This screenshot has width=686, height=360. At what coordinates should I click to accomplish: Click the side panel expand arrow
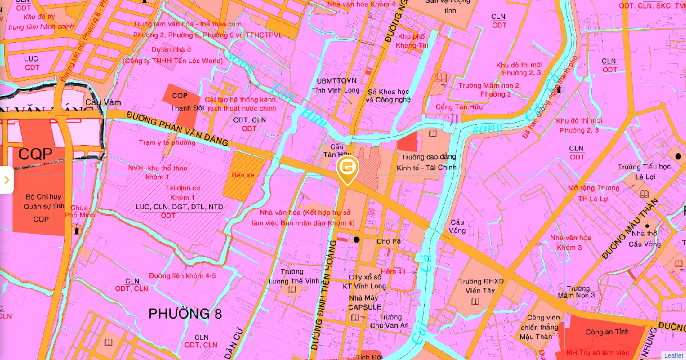click(6, 180)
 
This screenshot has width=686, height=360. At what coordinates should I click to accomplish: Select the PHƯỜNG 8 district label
click(185, 314)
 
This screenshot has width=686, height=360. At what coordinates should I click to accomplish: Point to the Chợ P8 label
click(388, 241)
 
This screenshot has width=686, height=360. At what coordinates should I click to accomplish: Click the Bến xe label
click(242, 175)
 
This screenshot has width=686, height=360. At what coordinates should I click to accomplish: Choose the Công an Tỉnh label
click(607, 332)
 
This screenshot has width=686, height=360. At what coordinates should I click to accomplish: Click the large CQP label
click(35, 154)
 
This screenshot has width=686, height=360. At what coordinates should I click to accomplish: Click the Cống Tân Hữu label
click(459, 107)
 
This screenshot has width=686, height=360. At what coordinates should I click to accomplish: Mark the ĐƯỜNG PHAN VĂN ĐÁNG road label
click(177, 129)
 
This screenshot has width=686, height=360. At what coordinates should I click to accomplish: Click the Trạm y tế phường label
click(167, 142)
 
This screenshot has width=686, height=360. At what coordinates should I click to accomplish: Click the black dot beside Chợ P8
click(357, 239)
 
